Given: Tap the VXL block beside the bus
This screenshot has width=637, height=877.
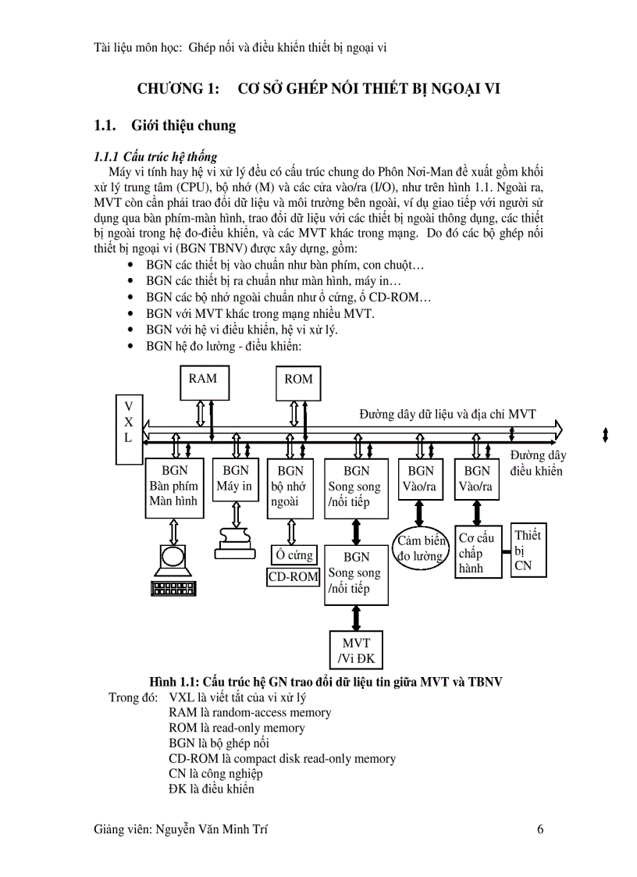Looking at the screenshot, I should point(129,422).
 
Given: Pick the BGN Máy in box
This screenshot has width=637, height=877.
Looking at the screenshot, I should point(235,479).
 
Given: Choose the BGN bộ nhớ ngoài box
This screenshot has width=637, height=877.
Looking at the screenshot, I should point(290,487).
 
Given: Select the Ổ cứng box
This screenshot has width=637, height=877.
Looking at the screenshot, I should point(294,555).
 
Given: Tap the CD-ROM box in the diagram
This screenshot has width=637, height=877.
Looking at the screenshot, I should point(294,577).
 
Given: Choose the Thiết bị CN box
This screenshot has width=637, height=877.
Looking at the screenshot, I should point(528,550).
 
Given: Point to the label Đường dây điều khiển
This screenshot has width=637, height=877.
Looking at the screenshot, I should point(537,463).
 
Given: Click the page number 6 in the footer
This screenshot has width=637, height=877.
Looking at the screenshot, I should point(540,829).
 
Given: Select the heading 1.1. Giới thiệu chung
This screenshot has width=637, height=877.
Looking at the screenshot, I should point(165,125).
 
